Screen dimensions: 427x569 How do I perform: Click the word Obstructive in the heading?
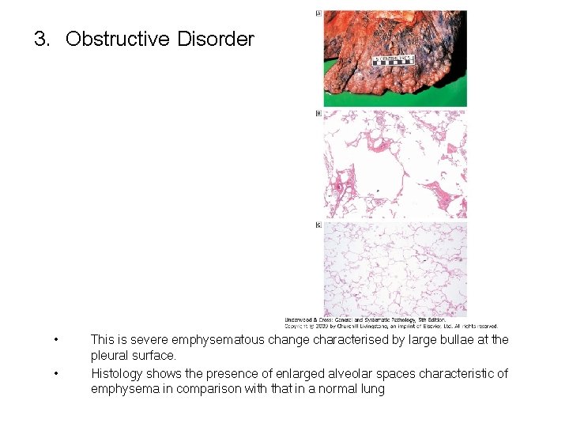click(118, 39)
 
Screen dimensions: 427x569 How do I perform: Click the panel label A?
click(318, 13)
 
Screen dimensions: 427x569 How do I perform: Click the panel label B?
click(318, 114)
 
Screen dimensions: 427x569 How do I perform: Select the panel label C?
click(318, 225)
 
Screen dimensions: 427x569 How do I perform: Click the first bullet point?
click(55, 340)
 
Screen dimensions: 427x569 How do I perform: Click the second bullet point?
click(55, 373)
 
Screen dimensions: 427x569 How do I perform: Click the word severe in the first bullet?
click(153, 340)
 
